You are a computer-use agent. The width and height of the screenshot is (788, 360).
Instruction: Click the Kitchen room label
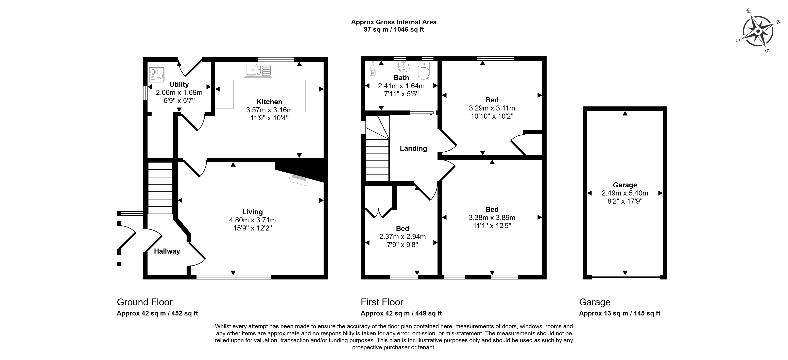coord(269,102)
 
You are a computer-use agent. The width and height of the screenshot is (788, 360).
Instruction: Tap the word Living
coord(252,212)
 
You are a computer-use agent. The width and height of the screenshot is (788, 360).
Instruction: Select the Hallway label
coord(167,251)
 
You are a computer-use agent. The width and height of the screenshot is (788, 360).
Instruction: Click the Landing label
coord(413,148)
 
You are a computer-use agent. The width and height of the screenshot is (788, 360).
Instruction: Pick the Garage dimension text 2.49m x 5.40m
coord(625,193)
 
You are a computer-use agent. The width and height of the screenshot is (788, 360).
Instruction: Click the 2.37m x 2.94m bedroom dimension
coord(402,236)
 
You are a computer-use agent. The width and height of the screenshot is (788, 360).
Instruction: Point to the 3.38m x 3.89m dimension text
coord(492,218)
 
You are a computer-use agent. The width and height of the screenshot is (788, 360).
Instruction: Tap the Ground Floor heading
coord(145,302)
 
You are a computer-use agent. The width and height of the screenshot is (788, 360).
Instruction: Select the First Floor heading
coord(382,302)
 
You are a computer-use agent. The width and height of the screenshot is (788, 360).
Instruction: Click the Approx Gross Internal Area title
coord(394,22)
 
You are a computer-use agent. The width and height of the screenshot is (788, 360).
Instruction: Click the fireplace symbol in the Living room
coord(299,179)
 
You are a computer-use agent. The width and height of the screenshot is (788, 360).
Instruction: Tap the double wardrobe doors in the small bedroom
coord(379,212)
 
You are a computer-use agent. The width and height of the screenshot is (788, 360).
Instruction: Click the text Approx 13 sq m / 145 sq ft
coord(620,313)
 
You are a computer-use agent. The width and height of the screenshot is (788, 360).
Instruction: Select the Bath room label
coord(401,78)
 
